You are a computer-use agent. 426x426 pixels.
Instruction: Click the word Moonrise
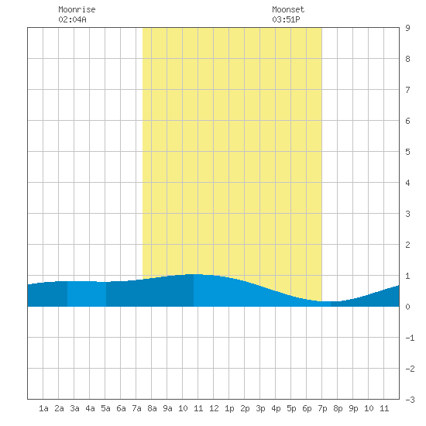point(77,9)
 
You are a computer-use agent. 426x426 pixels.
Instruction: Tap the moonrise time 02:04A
point(72,19)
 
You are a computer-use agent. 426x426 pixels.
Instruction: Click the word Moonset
point(288,9)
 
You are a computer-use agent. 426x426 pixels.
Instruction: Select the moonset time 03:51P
point(286,19)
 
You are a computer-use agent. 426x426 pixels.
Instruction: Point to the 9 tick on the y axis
point(407,28)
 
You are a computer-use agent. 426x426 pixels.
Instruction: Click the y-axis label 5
point(407,152)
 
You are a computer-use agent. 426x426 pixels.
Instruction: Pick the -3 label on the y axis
point(410,400)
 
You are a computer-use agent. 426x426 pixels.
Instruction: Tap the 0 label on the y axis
point(407,307)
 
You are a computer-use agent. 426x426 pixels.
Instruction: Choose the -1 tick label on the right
point(410,338)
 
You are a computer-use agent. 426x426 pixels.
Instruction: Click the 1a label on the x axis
point(43,408)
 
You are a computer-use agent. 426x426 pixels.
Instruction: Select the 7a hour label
point(136,408)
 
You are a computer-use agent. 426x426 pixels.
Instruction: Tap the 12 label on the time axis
point(214,408)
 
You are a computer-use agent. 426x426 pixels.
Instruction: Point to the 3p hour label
point(260,408)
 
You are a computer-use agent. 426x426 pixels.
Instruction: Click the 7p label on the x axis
point(322,408)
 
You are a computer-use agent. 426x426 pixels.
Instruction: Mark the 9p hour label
point(353,408)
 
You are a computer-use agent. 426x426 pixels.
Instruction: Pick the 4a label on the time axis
point(90,408)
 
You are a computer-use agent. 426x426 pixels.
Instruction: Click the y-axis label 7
point(407,90)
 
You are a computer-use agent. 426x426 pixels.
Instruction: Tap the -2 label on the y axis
point(410,369)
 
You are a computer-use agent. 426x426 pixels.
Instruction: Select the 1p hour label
point(229,408)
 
